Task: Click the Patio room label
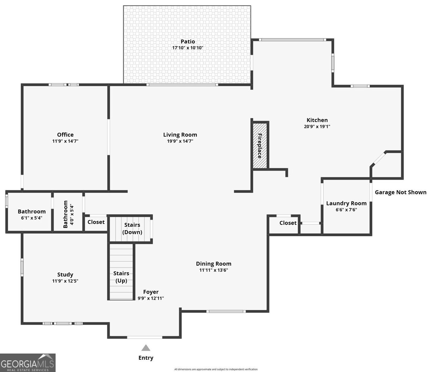pos(188,42)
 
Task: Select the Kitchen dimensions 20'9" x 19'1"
pos(317,126)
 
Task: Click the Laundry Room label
pos(346,203)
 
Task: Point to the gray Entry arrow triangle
pos(146,348)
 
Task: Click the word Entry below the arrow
pos(146,358)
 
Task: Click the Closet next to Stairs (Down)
pos(96,222)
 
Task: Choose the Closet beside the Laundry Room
pos(288,223)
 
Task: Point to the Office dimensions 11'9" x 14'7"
pos(65,141)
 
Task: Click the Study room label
pos(65,275)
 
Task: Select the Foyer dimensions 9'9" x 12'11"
pos(151,299)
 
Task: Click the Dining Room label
pos(214,264)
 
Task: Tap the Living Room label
pos(180,135)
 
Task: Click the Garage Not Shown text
pos(400,192)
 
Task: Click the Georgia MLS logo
pos(28,363)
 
